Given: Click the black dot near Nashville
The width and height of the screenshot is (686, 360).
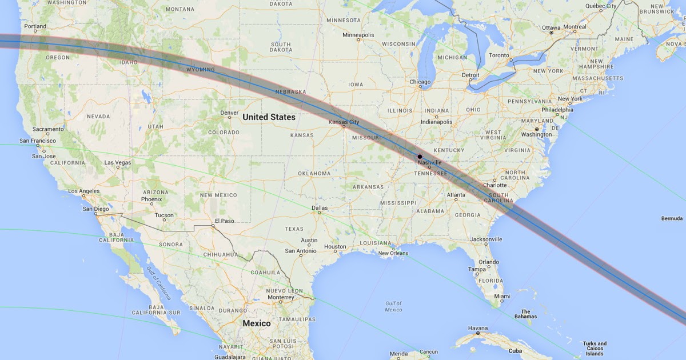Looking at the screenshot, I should coord(420,157).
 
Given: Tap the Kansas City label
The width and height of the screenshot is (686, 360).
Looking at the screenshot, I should coord(344,122).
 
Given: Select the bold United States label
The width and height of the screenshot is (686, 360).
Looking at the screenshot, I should coord(269,117).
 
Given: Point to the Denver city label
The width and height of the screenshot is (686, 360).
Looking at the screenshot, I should coord(229,113).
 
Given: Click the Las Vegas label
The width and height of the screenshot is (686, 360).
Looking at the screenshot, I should coord(117,163).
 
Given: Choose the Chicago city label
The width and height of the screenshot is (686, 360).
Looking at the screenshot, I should coord(420,82).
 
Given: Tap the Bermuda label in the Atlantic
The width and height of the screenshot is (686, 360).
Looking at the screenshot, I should coord(672,218).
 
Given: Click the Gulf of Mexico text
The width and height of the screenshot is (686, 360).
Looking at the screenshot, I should coord(393,306).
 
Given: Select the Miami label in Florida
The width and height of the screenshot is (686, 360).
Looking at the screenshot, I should coord(502,296).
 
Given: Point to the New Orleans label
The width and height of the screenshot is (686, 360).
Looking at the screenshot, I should coord(393,253).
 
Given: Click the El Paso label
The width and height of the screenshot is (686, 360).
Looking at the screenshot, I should coord(224,221).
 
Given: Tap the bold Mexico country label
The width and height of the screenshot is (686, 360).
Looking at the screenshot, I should coord(257,323).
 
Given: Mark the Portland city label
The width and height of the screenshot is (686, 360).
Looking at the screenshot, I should coord(35,26).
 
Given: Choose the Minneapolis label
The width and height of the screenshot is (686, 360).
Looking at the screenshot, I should coord(358,35).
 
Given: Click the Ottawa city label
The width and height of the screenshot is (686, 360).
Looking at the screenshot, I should coord(551,27).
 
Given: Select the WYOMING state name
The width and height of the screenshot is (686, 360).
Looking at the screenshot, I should coord(200,70).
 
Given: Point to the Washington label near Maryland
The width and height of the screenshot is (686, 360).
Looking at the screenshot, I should coord(537,135).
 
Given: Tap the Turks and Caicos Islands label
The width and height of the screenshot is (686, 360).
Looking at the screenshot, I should coord(595,349).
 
